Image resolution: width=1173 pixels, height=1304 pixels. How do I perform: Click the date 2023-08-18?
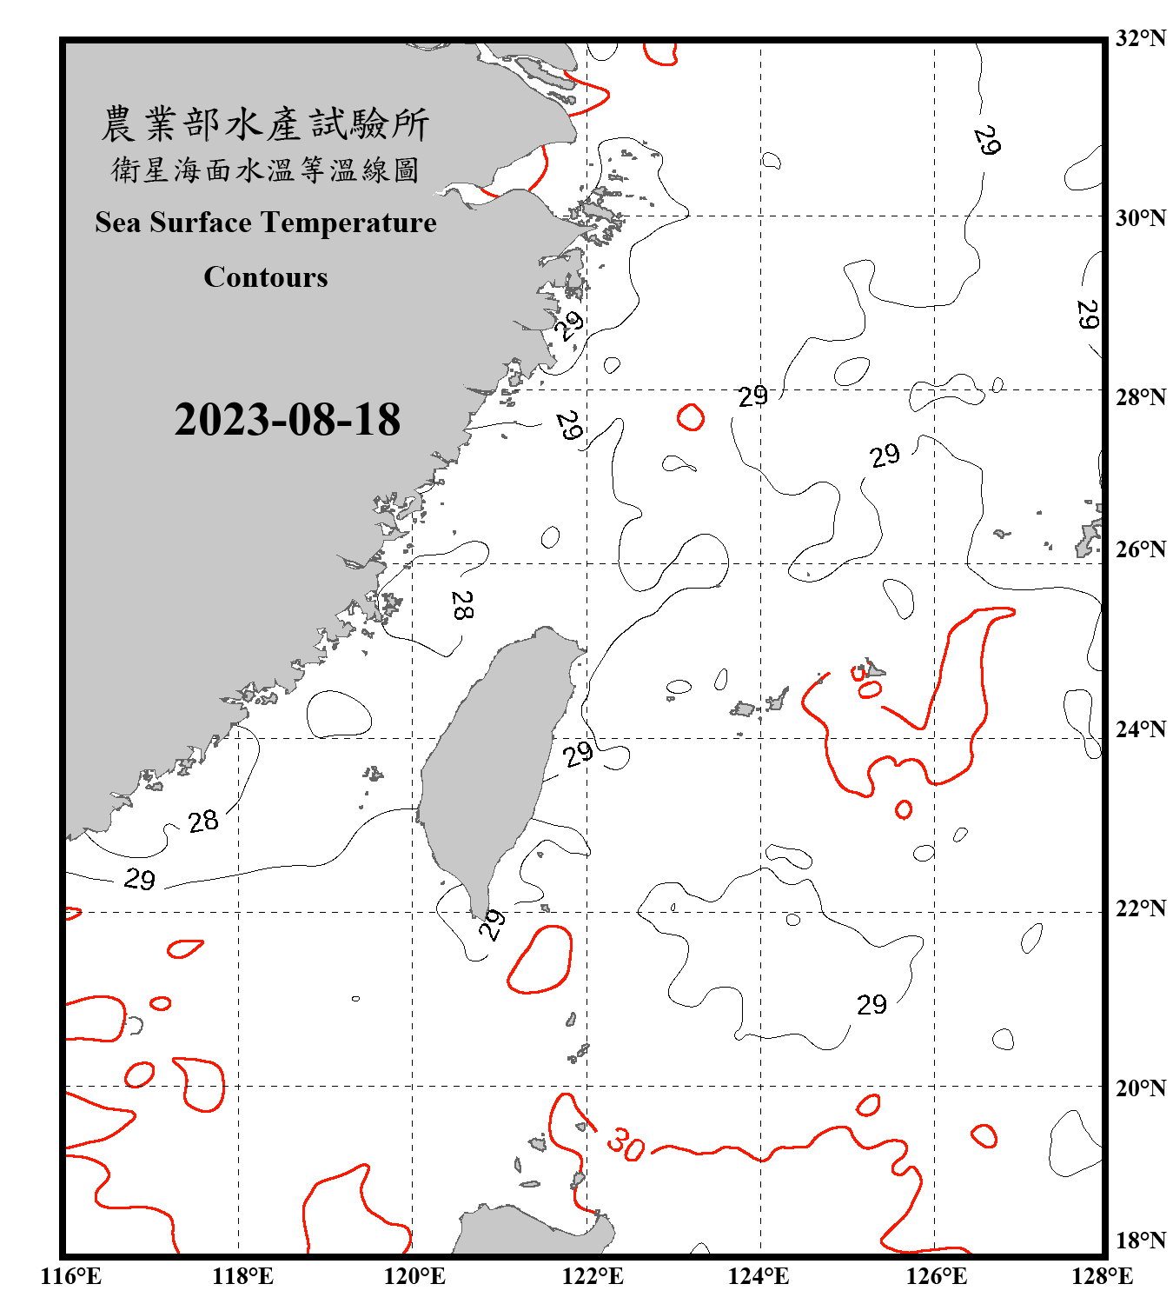pos(287,420)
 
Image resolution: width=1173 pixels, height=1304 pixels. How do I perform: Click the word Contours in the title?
pos(266,276)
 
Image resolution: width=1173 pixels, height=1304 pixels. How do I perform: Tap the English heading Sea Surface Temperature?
pos(266,223)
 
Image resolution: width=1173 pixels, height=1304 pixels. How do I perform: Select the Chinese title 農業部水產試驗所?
pos(266,124)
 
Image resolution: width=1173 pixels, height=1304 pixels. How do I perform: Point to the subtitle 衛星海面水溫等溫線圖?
pos(266,170)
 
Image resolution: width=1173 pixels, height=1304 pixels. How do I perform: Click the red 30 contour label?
pos(626,1143)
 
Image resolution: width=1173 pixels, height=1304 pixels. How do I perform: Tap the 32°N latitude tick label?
pos(1140,38)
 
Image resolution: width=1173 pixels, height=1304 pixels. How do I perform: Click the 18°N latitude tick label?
pos(1140,1240)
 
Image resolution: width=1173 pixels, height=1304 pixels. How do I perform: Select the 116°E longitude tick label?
pos(70,1276)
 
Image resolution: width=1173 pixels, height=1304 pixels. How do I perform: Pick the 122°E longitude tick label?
pos(593,1276)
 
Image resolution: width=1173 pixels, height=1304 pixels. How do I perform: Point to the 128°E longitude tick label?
pos(1102,1276)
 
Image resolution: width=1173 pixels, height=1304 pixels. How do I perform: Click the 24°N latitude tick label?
pos(1140,729)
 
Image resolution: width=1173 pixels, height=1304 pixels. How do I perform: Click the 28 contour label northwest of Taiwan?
pos(462,605)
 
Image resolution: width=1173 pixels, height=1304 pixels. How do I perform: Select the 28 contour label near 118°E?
pos(203,821)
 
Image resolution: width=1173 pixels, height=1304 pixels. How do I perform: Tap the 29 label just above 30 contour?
pos(871,1005)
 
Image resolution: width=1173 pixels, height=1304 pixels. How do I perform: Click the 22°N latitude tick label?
pos(1140,908)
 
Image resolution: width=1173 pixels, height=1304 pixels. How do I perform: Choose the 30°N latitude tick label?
pos(1140,217)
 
